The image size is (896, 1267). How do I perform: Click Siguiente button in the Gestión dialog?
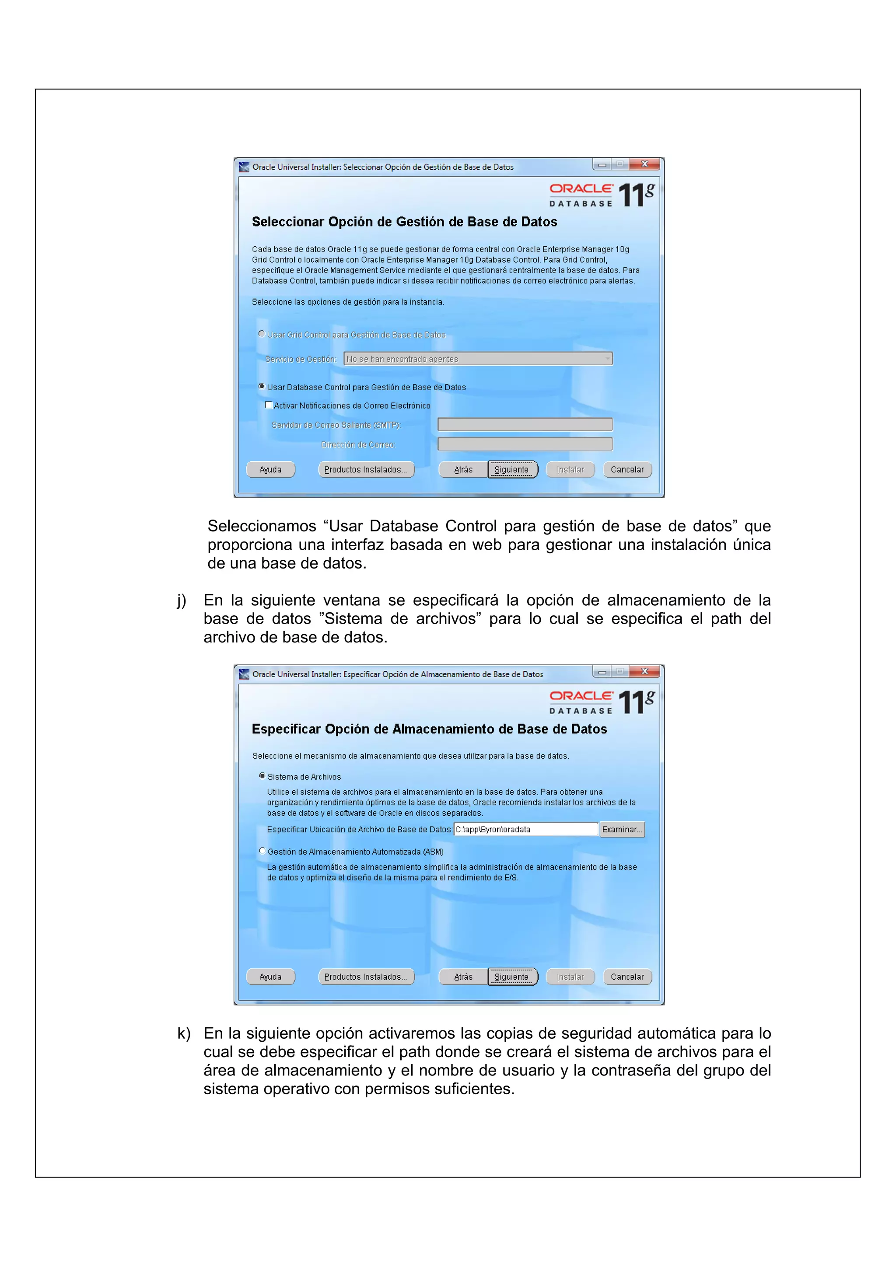pos(512,470)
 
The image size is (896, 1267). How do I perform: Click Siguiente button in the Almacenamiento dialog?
pos(512,977)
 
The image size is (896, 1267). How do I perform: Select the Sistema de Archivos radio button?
pos(262,776)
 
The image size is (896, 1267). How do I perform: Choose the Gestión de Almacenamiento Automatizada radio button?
pos(262,851)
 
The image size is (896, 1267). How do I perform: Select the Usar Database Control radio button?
pos(262,386)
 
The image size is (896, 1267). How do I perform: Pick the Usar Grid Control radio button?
pos(262,334)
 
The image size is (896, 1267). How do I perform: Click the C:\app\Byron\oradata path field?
pos(525,829)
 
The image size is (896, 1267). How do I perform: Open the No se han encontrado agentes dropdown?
pos(478,359)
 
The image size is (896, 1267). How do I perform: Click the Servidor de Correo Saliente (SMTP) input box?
pos(525,424)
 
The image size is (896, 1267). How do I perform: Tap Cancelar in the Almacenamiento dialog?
pos(627,977)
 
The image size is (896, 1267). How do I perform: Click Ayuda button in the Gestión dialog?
pos(270,470)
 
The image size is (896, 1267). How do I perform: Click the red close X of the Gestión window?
pos(644,164)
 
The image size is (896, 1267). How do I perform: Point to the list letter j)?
pos(182,600)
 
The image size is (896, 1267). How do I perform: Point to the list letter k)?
pos(183,1033)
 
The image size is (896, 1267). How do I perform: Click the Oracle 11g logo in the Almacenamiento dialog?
pos(602,702)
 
